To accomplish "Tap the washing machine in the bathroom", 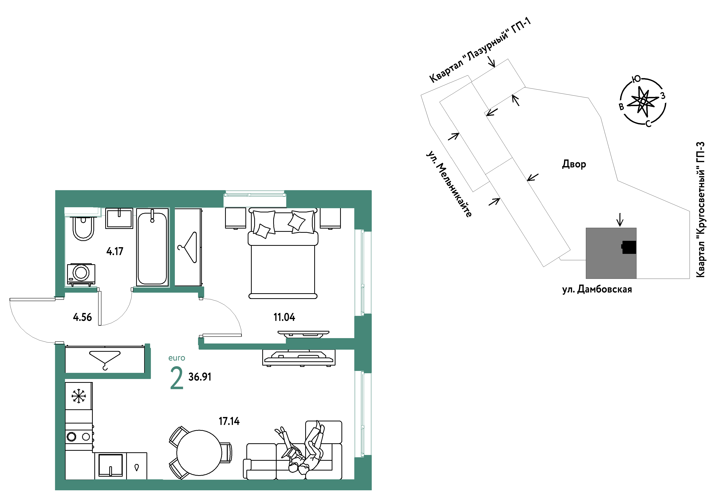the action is (x=81, y=274).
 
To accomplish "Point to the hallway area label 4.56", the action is (x=82, y=317).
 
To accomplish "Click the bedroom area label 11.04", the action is (x=284, y=317).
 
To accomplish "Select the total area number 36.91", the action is (x=200, y=377).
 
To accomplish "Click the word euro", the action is (x=177, y=358).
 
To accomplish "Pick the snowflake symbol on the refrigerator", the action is (x=79, y=396).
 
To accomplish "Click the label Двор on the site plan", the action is (x=574, y=164).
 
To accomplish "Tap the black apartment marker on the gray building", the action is (x=629, y=247).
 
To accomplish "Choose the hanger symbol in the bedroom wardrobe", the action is (x=188, y=247).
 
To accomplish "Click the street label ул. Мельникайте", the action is (x=449, y=184).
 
